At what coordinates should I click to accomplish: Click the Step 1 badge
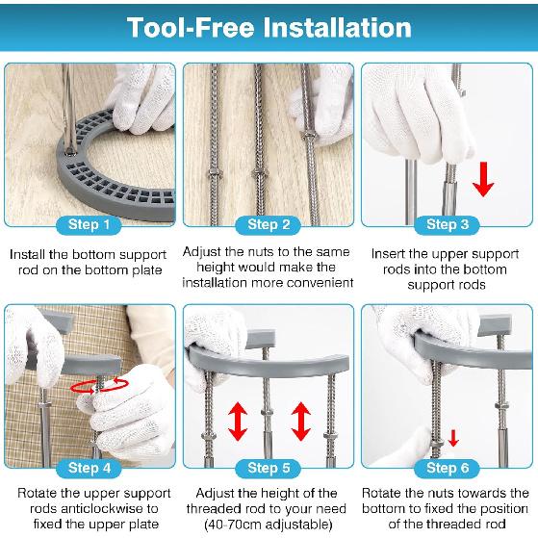click(x=89, y=225)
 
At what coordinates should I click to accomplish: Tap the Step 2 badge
click(x=269, y=225)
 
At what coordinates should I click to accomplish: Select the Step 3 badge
click(x=448, y=225)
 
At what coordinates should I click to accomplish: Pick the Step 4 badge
click(x=89, y=468)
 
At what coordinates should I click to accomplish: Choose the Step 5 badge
click(x=269, y=468)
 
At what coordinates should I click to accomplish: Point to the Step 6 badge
click(x=448, y=468)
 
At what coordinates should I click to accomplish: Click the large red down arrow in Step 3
click(x=483, y=179)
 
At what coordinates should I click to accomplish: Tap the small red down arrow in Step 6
click(x=453, y=438)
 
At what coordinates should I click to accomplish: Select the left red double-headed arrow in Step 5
click(x=238, y=422)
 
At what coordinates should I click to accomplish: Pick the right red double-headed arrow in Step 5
click(x=301, y=422)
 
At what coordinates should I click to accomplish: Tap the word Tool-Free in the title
click(x=191, y=28)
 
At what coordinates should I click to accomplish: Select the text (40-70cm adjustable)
click(x=269, y=525)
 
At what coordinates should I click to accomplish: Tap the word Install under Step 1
click(x=27, y=255)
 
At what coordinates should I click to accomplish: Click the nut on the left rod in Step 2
click(x=214, y=171)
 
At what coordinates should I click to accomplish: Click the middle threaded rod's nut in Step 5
click(x=268, y=412)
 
